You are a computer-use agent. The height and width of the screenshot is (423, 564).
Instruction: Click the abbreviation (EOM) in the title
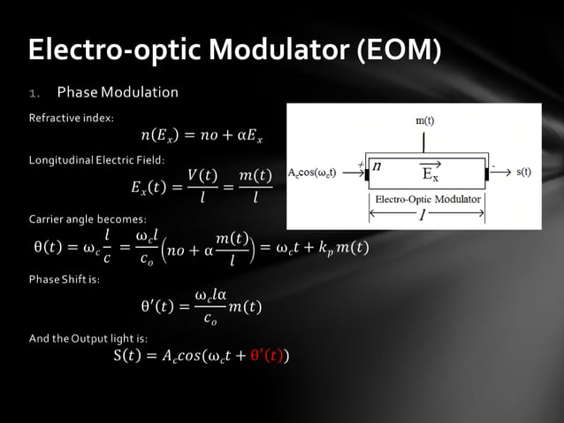point(398,50)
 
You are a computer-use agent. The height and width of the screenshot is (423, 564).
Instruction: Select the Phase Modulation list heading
point(118,92)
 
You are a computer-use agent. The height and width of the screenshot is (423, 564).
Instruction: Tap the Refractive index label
point(71,117)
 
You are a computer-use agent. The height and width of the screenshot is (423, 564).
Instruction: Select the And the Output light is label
point(88,338)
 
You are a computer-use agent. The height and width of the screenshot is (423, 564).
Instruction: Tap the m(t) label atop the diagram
point(425,119)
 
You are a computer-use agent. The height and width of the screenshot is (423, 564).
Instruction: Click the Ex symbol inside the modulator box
point(431,173)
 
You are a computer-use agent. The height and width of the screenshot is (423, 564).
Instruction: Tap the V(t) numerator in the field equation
point(202,176)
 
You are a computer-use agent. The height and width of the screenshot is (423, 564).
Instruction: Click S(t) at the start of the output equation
point(128,357)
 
